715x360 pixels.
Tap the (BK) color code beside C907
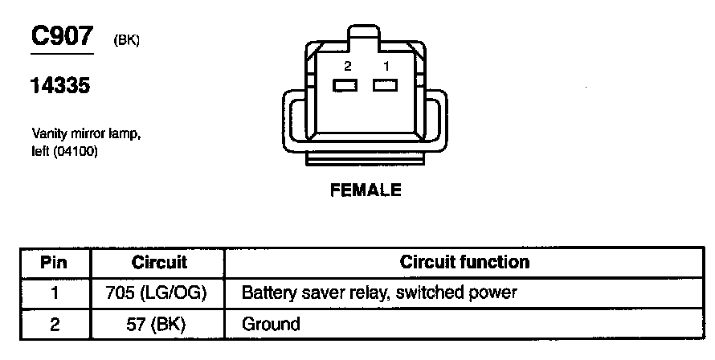(x=127, y=40)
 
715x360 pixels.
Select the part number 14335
(x=60, y=86)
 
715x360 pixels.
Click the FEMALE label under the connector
(x=366, y=191)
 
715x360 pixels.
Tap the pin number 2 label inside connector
(x=347, y=66)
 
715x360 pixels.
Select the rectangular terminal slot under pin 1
(x=385, y=84)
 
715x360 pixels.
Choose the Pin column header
(x=55, y=262)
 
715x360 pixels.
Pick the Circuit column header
(x=158, y=262)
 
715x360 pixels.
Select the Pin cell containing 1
(x=55, y=293)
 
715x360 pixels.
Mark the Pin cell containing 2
(x=55, y=325)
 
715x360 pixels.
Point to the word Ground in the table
(x=271, y=325)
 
